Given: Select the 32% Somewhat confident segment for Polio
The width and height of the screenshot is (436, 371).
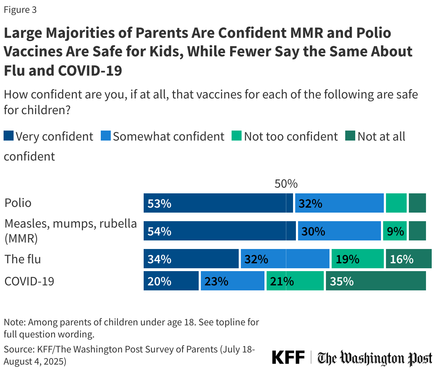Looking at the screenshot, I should click(339, 203).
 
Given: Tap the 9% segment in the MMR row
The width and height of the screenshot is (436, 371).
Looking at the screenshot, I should click(395, 231).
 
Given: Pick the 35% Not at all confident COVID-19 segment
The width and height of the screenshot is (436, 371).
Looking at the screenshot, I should click(376, 281).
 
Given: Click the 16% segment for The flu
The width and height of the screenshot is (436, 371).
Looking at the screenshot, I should click(408, 259).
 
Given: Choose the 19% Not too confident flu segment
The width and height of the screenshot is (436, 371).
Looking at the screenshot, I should click(358, 259).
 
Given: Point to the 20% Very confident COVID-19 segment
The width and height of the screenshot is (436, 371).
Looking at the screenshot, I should click(171, 281).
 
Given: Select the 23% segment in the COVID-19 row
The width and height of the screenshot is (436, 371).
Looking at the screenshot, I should click(232, 281).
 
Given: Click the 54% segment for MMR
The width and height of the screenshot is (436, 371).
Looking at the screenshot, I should click(219, 231).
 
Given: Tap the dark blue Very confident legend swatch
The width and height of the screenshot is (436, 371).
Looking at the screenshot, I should click(9, 136).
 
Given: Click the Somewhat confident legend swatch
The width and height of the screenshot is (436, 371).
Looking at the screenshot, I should click(106, 136).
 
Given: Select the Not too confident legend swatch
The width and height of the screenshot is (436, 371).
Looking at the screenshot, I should click(237, 136).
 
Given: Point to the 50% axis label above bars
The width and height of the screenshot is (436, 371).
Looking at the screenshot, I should click(286, 184).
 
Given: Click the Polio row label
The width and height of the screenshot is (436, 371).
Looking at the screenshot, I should click(18, 203).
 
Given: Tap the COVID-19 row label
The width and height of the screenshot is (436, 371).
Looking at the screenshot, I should click(29, 281).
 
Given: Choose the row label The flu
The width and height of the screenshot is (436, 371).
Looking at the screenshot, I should click(23, 259).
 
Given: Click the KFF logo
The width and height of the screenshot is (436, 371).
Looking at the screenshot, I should click(288, 357).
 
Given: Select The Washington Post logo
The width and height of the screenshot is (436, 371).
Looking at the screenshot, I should click(375, 358).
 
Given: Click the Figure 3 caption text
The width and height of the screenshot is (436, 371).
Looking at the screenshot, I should click(20, 10).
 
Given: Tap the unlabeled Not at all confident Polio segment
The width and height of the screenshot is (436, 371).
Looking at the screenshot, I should click(417, 203).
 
